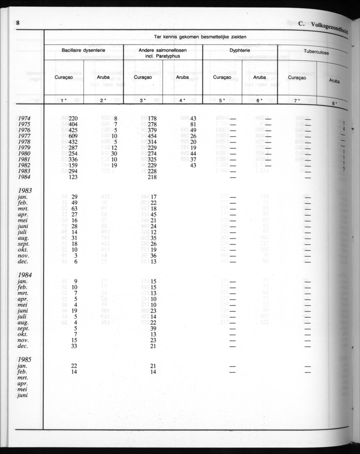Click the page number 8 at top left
tap(18, 23)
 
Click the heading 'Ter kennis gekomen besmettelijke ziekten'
tap(200, 37)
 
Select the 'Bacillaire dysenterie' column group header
tap(83, 50)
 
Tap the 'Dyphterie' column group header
tap(240, 50)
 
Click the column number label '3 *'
tap(143, 100)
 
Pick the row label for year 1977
tap(24, 136)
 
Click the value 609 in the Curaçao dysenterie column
tap(73, 136)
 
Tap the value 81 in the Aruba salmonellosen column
tap(193, 125)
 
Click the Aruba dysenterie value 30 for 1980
tap(114, 154)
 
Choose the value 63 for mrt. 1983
tap(75, 209)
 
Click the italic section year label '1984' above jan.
tap(25, 274)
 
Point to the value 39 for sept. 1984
tap(153, 328)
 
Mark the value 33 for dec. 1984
tap(75, 346)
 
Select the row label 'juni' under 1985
tap(23, 395)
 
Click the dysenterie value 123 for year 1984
tap(73, 177)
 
